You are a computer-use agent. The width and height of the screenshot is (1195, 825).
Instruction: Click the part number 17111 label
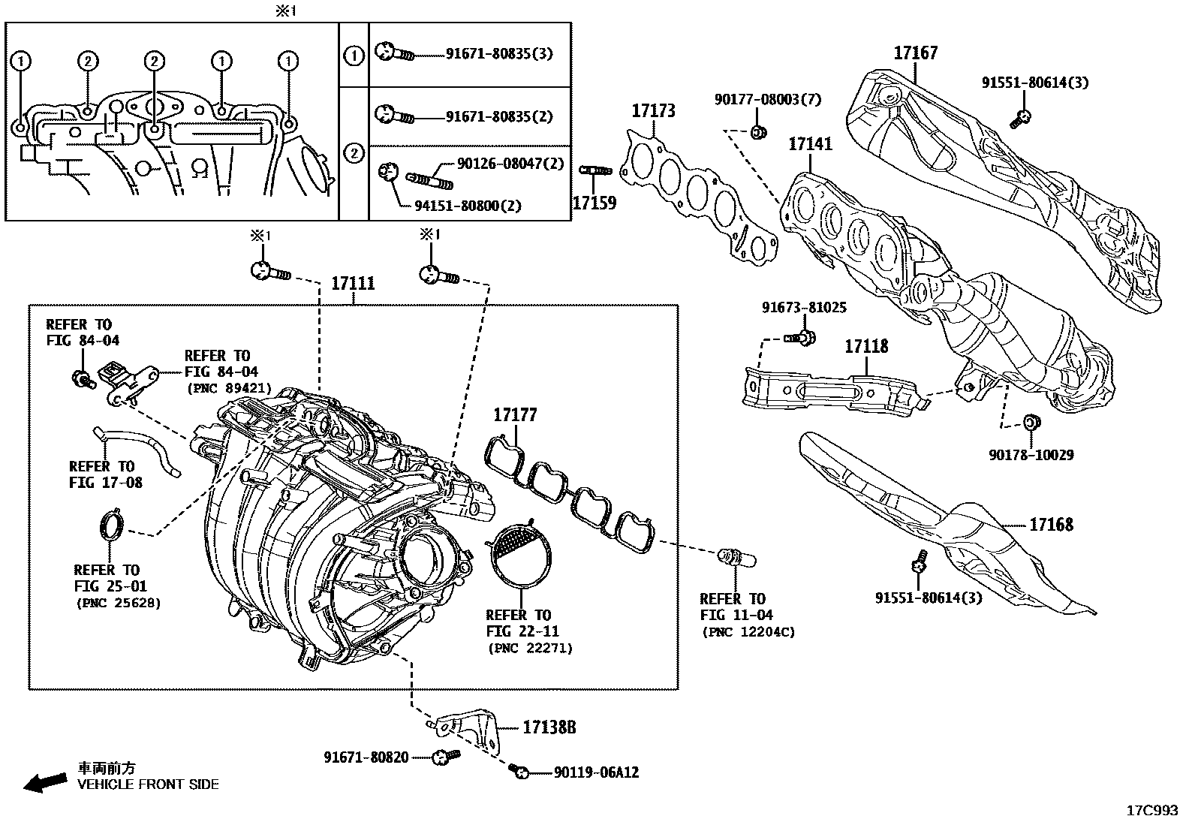point(353,284)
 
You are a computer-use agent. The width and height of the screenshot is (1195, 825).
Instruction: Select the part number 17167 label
point(915,53)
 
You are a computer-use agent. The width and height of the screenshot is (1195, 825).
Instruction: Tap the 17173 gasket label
point(652,111)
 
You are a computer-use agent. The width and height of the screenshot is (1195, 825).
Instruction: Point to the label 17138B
point(549,727)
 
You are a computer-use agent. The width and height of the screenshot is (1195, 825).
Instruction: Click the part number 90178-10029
point(1031,455)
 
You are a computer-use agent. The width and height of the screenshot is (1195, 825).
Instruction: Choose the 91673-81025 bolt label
point(804,308)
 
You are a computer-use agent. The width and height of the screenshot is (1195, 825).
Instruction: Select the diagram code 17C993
point(1152,811)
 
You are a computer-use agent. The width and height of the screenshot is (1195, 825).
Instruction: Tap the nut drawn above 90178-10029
point(1032,423)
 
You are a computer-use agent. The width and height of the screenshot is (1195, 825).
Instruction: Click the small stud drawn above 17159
point(595,172)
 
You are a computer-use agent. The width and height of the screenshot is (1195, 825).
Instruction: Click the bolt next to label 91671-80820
point(444,757)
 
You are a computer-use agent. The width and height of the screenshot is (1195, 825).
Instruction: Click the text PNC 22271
point(530,648)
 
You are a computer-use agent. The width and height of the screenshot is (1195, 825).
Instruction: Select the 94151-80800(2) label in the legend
point(467,206)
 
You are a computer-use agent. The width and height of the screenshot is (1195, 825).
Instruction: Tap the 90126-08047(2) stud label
point(510,164)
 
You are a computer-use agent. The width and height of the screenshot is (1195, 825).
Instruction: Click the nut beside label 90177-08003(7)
point(758,133)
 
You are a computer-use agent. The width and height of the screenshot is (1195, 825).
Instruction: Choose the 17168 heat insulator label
point(1051,524)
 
